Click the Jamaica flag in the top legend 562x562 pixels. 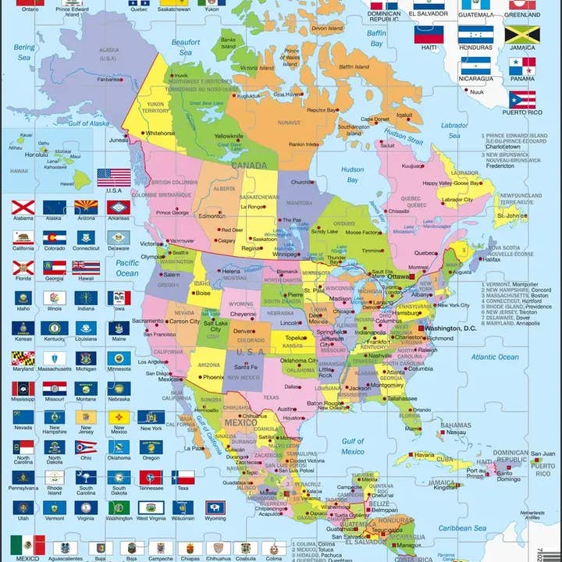521,34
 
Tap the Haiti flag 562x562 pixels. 429,34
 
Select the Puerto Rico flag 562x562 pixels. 521,99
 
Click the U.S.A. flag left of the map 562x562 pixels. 114,177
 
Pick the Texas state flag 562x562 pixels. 183,477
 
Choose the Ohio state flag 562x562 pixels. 87,447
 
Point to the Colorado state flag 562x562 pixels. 55,237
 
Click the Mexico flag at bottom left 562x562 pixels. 27,545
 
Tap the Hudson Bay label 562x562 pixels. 353,174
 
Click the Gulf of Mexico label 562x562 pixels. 353,446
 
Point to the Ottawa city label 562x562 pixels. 399,276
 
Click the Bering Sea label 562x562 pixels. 23,52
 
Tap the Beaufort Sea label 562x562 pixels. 186,47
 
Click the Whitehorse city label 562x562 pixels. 160,133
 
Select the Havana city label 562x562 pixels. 424,454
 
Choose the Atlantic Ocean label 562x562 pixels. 494,357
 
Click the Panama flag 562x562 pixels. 521,66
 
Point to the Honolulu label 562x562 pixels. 36,154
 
